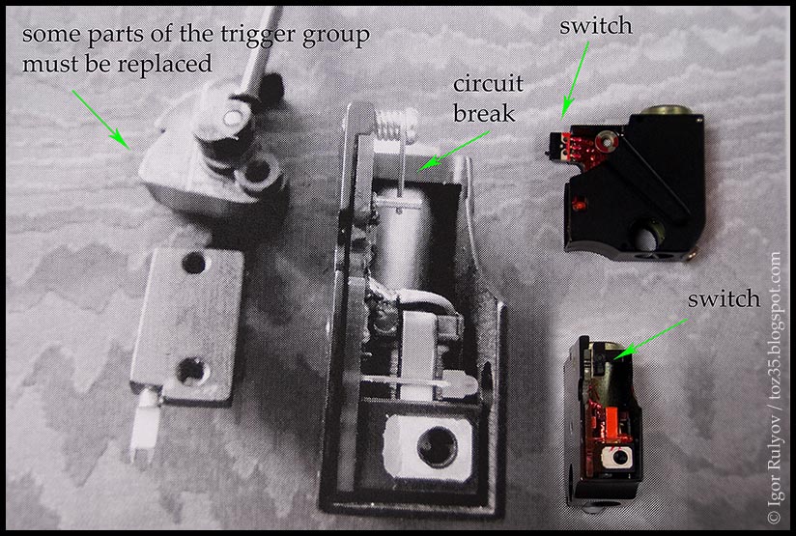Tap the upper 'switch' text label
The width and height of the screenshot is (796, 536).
[x=596, y=26]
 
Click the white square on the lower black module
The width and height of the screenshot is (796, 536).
[x=615, y=457]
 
